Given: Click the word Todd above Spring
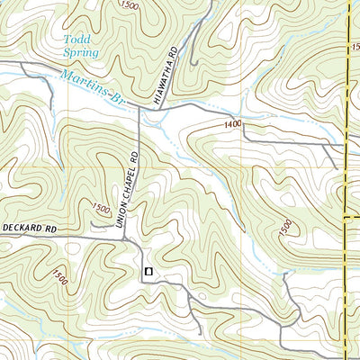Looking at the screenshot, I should coord(76,39).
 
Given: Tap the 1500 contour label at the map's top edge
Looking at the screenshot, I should coord(130,6).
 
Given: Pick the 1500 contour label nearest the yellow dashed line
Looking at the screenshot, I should coord(285,230).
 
